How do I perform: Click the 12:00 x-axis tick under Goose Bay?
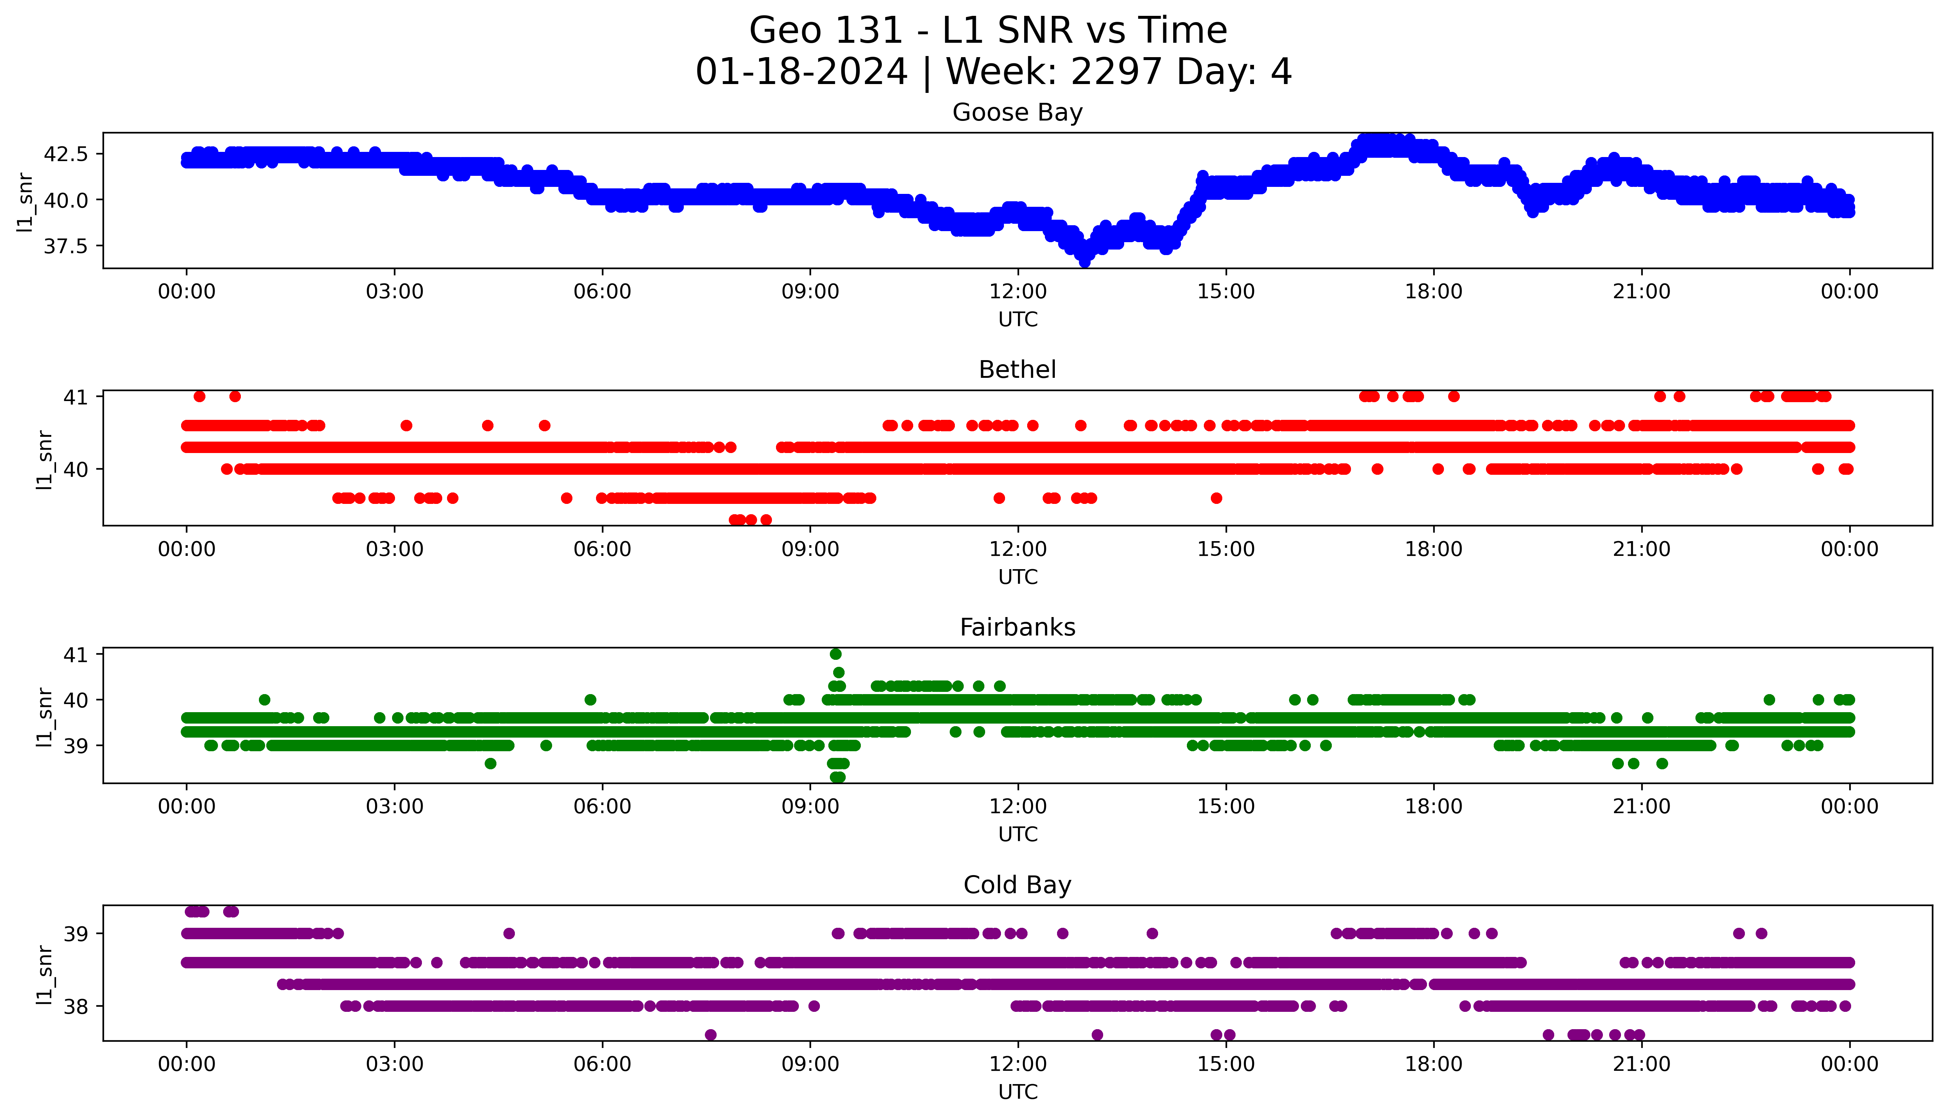pos(1018,292)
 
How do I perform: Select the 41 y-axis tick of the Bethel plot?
pos(76,397)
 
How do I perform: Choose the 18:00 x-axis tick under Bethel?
pos(1433,549)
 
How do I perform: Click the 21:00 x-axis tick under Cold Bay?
pos(1641,1064)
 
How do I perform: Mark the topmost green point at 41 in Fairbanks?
pos(836,654)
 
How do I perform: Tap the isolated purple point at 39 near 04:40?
pos(509,934)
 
